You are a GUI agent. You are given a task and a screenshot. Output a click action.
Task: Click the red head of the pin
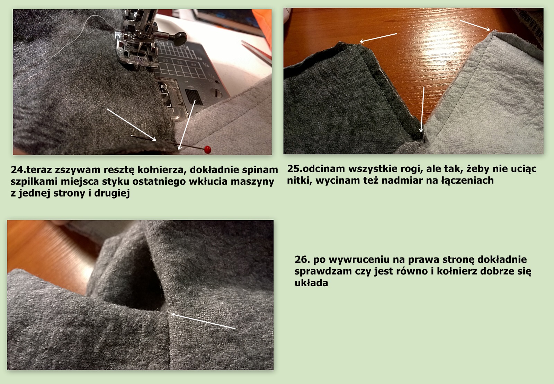coord(207,149)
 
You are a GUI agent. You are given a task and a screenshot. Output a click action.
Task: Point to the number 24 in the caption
coord(17,170)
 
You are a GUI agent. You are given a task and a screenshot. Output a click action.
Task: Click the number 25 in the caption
coord(293,169)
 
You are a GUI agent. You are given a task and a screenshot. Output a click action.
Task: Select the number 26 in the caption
coord(301,260)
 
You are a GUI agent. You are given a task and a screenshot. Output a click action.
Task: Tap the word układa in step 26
coord(311,283)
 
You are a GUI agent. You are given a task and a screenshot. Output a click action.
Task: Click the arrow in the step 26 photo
coord(203,321)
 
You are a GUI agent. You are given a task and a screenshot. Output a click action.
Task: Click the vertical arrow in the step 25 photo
coord(422,109)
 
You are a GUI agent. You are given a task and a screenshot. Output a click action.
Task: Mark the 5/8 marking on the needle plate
coord(164,87)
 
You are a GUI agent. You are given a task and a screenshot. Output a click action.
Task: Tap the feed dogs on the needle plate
coord(194,97)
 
